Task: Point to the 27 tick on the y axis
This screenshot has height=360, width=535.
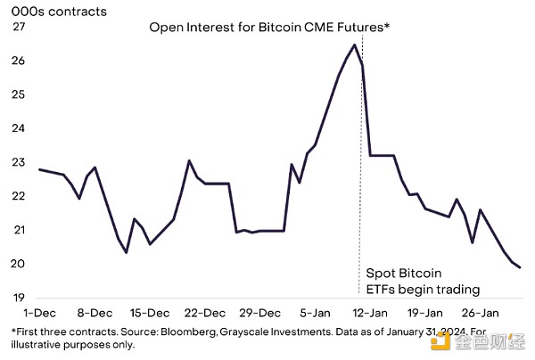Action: (x=17, y=27)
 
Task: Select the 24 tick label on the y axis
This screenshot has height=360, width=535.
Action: (x=17, y=128)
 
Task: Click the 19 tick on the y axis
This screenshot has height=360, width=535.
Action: (x=17, y=298)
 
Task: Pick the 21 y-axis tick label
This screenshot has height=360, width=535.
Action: (x=17, y=230)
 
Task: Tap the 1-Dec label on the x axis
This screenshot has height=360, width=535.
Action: (x=40, y=313)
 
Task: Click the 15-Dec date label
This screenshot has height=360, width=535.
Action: (x=150, y=313)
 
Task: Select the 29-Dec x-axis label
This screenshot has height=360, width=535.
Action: (x=260, y=313)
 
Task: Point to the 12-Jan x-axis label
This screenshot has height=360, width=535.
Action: (x=370, y=313)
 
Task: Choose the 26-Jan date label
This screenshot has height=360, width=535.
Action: (x=480, y=313)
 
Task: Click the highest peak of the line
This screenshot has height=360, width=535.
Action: (x=355, y=45)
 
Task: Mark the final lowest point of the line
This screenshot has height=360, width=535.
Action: (x=521, y=267)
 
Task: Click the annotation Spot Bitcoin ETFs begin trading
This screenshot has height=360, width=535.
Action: (x=423, y=281)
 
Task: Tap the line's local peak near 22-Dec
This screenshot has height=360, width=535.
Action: (x=189, y=160)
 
